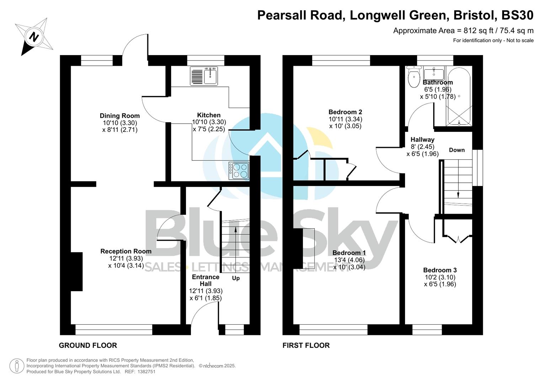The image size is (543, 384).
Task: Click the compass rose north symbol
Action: pyautogui.click(x=34, y=37)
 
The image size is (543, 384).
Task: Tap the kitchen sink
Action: pyautogui.click(x=204, y=76)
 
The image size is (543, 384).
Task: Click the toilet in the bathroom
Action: pyautogui.click(x=414, y=78)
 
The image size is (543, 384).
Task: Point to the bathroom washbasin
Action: pyautogui.click(x=434, y=74)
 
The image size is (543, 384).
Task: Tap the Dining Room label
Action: pyautogui.click(x=119, y=116)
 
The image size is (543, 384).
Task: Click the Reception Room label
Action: pyautogui.click(x=126, y=251)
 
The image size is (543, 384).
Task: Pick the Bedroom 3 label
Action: pyautogui.click(x=440, y=270)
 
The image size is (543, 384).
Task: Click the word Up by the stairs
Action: pyautogui.click(x=236, y=278)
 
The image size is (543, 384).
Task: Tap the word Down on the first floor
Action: pyautogui.click(x=457, y=150)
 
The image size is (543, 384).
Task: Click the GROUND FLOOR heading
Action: pyautogui.click(x=88, y=345)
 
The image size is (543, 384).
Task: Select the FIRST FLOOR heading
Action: pyautogui.click(x=306, y=345)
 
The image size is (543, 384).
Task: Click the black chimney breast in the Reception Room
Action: pyautogui.click(x=77, y=272)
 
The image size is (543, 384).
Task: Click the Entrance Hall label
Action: pyautogui.click(x=206, y=280)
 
